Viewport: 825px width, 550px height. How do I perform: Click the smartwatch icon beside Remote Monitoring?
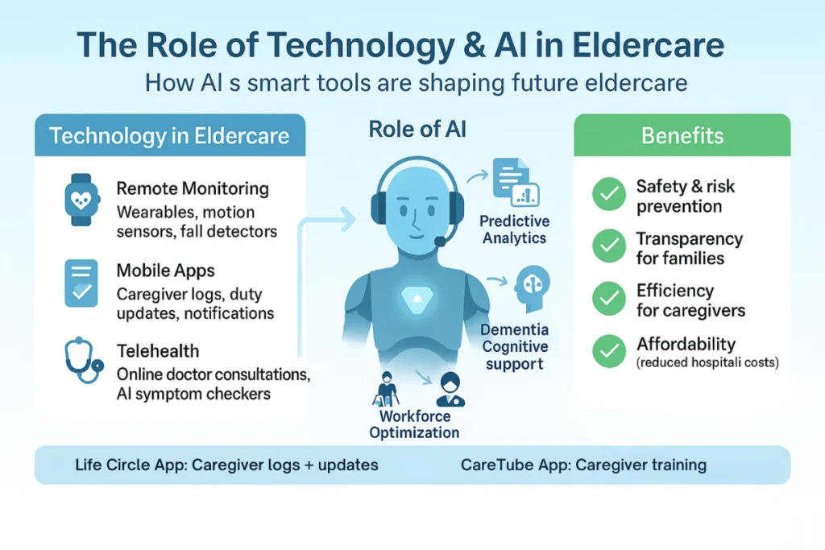[x=81, y=197]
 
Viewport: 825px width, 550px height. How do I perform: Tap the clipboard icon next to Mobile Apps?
[x=81, y=283]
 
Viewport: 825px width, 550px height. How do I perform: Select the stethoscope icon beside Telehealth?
[x=82, y=362]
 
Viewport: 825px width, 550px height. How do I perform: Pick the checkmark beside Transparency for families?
[x=609, y=246]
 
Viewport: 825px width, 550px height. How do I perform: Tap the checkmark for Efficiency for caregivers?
[x=609, y=299]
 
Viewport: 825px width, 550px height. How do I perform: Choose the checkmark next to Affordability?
[x=609, y=350]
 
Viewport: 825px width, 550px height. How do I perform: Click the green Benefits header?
[x=682, y=135]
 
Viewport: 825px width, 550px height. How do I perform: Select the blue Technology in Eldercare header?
[x=169, y=135]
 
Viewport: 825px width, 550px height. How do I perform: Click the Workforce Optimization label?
[x=414, y=424]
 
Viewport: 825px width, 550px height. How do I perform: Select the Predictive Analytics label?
[x=514, y=229]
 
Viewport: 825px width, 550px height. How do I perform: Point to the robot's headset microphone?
[x=440, y=241]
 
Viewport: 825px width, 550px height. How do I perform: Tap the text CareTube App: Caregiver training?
[x=583, y=465]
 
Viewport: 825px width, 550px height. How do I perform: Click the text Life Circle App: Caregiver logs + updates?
[x=226, y=465]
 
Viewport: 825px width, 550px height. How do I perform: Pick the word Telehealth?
[x=158, y=351]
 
